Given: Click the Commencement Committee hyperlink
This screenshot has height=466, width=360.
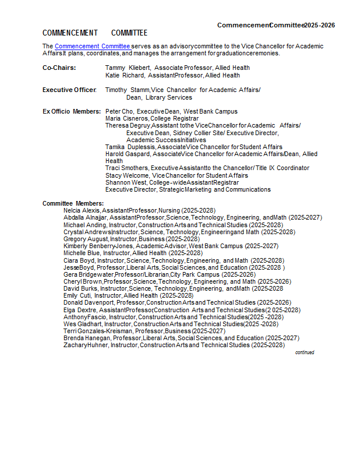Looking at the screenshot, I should [x=92, y=46].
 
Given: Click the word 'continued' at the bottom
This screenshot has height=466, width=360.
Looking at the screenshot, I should [x=305, y=352].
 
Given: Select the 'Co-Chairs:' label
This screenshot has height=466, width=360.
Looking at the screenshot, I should [x=59, y=68].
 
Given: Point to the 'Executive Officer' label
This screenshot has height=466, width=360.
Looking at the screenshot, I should [x=69, y=90].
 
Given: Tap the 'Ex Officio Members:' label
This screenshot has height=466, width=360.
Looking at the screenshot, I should [x=72, y=111].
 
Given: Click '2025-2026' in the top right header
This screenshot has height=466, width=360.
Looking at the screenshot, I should [x=320, y=25].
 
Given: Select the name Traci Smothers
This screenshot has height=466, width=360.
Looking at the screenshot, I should [x=123, y=168].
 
